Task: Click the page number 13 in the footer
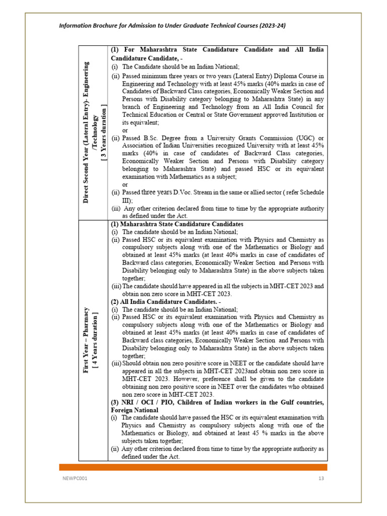[320, 478]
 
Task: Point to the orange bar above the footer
[193, 467]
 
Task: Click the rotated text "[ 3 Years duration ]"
[104, 133]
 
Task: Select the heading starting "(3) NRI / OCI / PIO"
[217, 402]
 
